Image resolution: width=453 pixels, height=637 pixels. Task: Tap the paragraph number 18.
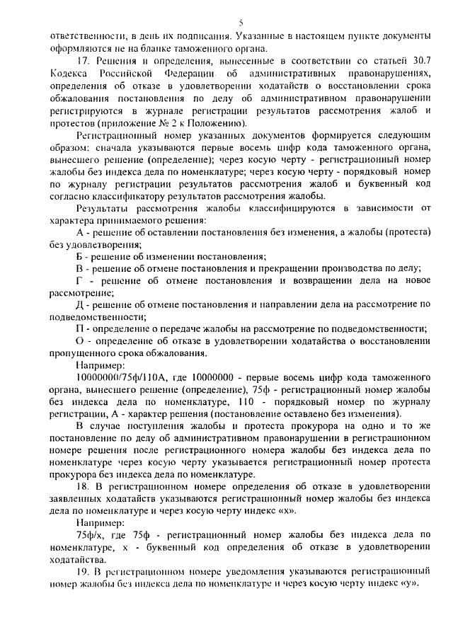point(81,487)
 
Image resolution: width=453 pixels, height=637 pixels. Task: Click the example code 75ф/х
point(88,536)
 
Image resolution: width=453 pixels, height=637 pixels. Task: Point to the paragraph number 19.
point(81,572)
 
